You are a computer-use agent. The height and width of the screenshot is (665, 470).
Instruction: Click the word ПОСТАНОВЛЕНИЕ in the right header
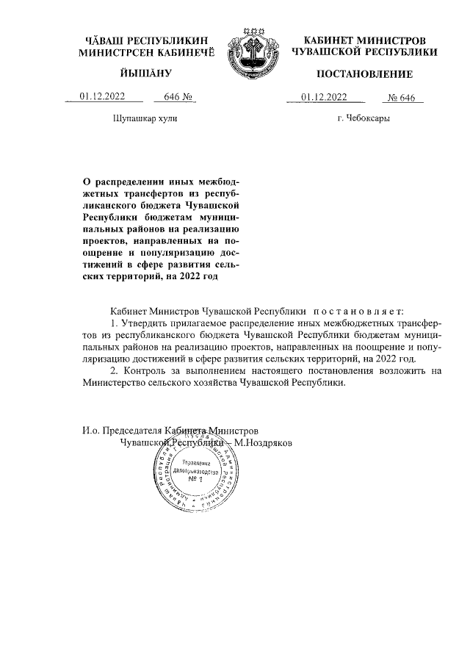coord(365,74)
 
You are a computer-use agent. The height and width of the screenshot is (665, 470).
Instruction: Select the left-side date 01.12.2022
coord(103,96)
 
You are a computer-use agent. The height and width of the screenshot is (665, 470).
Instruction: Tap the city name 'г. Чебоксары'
coord(364,118)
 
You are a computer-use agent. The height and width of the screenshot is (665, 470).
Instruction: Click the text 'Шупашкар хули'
coord(145,118)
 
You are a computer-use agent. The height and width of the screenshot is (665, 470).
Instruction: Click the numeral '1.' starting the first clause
coord(113,323)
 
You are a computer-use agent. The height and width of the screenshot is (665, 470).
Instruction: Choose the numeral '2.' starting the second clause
coord(113,371)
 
